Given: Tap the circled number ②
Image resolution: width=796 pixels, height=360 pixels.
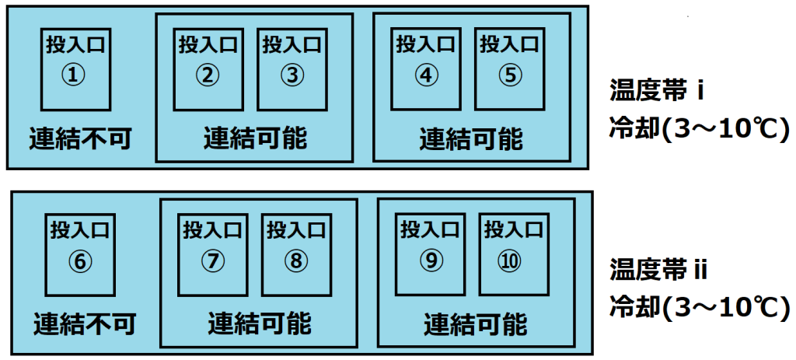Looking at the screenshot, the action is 207,75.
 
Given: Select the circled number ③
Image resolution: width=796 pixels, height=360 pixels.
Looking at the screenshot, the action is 292,75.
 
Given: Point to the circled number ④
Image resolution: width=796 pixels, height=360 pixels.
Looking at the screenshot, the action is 426,75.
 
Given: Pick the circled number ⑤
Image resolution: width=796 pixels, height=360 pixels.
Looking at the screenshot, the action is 510,75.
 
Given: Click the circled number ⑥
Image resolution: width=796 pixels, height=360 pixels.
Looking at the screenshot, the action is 80,261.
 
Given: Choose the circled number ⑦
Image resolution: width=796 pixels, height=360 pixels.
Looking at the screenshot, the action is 212,261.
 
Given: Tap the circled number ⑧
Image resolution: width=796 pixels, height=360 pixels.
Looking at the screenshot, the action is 296,261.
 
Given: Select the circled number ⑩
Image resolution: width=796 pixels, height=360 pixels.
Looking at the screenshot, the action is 514,261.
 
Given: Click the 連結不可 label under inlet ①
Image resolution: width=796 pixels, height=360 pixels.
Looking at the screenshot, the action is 80,138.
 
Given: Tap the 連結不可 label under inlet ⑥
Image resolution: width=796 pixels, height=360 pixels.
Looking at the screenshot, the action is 85,324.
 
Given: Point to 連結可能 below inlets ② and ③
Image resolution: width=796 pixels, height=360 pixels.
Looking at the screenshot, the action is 255,138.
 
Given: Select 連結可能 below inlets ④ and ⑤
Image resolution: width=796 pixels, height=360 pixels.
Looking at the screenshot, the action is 471,138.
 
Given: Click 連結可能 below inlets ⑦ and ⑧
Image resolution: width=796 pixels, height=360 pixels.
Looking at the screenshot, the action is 260,323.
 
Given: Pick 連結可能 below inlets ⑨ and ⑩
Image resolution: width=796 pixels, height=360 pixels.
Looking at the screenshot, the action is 476,324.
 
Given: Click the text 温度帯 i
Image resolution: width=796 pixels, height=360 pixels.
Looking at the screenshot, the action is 656,93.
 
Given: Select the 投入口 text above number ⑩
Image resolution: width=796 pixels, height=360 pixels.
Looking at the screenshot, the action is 514,230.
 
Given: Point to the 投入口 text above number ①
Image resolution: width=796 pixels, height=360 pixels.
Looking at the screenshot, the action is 75,44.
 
